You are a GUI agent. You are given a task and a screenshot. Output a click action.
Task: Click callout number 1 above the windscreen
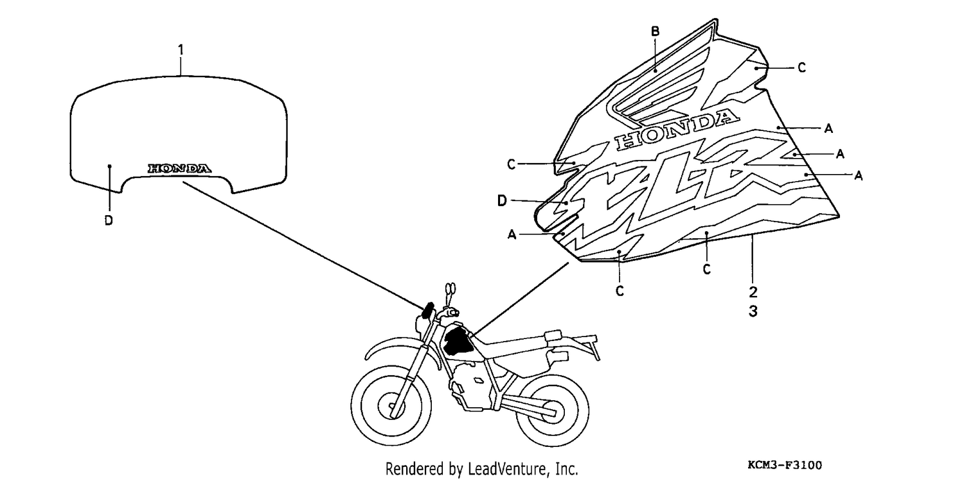coord(181,50)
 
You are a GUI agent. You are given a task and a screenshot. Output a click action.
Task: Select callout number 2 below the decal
coord(753,292)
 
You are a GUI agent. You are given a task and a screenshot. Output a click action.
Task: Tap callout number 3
coord(753,311)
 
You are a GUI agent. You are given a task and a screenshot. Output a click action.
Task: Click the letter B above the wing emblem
coord(655,31)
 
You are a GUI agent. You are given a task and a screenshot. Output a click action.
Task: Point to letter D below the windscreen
coord(109,220)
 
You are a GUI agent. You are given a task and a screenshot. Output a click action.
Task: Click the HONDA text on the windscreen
coord(179,168)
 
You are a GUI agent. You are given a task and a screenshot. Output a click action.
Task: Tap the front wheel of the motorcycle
coord(391,406)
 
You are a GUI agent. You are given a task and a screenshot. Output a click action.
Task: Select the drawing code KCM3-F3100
coord(785,465)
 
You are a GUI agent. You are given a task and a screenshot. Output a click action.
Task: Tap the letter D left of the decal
coord(502,201)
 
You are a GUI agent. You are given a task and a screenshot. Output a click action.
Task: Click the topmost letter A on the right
coord(828,128)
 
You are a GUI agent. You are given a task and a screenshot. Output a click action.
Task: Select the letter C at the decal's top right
coord(801,67)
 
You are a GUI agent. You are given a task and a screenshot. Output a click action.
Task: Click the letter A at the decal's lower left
coord(512,234)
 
